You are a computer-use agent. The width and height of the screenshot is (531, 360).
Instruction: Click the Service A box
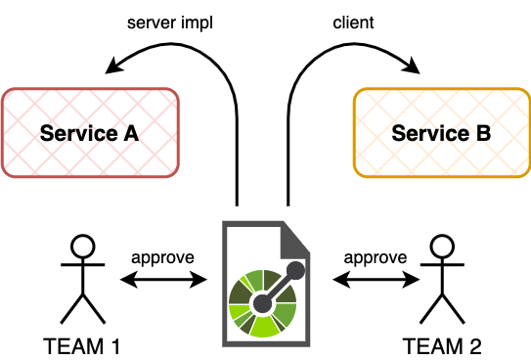(x=91, y=133)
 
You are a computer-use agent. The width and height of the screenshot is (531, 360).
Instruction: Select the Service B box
(x=441, y=133)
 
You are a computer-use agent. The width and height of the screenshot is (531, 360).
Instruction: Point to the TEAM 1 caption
(x=83, y=345)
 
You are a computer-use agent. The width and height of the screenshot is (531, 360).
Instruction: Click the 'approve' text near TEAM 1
(x=162, y=258)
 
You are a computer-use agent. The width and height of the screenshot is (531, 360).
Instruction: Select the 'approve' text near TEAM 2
(x=375, y=258)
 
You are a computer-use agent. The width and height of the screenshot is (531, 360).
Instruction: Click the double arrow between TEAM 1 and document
(x=163, y=280)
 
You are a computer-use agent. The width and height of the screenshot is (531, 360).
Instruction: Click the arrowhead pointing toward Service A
(x=113, y=67)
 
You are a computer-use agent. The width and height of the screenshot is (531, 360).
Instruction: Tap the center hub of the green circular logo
(x=262, y=304)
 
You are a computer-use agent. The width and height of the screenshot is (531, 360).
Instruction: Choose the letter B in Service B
(x=482, y=133)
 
